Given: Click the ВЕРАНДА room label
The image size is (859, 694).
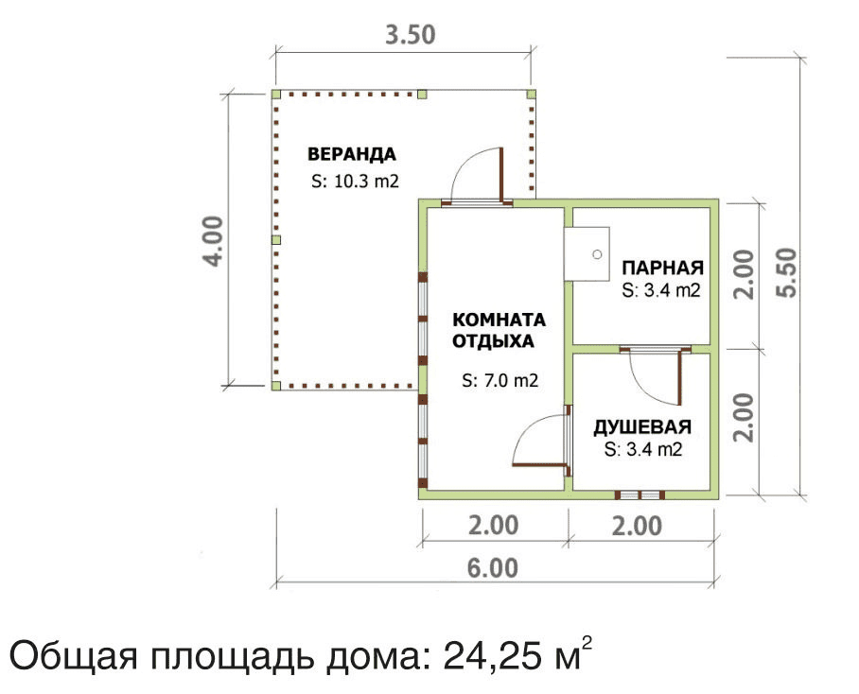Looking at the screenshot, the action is click(352, 154).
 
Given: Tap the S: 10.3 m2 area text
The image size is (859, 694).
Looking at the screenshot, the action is click(355, 182).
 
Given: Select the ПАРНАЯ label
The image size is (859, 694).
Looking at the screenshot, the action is click(662, 268).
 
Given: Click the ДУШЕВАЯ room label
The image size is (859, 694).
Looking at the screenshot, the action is click(642, 427).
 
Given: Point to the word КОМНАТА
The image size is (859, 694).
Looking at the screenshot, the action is click(499, 319).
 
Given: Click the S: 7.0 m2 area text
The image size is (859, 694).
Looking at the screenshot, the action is click(500, 380).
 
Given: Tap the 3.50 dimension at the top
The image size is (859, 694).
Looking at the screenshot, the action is click(411, 35).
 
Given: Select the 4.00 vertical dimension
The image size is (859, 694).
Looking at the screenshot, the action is click(213, 241).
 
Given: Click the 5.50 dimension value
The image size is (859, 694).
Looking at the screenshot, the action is click(787, 272).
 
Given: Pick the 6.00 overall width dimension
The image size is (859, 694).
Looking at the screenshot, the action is click(493, 567).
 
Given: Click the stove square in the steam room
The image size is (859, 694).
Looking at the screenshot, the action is click(587, 254).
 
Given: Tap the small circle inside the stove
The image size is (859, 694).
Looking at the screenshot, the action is click(598, 254).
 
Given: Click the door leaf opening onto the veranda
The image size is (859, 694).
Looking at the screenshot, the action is click(500, 175).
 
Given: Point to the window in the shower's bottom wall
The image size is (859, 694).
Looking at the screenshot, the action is click(640, 494).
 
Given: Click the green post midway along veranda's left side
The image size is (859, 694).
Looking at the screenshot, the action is click(276, 240).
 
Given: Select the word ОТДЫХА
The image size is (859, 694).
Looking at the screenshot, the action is click(493, 341).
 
